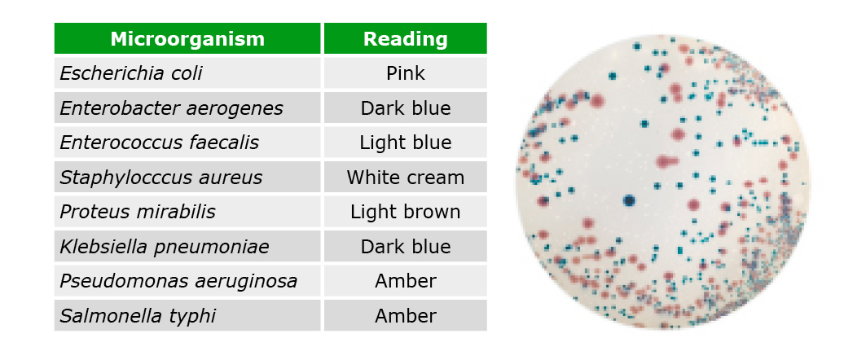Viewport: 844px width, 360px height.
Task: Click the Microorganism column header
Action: [x=187, y=39]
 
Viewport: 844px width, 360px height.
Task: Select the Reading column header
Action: [x=406, y=39]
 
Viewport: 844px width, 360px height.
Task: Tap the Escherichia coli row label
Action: [x=131, y=73]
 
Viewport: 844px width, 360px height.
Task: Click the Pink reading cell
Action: [x=406, y=73]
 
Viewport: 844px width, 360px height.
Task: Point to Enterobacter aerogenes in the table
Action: [x=171, y=108]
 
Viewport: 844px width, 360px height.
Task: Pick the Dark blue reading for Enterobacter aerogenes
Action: [x=406, y=108]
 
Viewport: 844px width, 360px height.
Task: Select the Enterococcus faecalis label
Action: [x=160, y=143]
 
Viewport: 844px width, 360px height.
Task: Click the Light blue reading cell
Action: [x=406, y=143]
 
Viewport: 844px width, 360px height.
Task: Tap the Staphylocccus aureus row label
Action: [x=161, y=177]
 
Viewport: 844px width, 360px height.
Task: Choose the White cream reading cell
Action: [x=406, y=177]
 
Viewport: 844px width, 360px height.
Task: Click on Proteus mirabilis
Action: [x=137, y=212]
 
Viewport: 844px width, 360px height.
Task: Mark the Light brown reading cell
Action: [x=406, y=212]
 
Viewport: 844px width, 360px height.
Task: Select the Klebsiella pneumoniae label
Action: [x=165, y=247]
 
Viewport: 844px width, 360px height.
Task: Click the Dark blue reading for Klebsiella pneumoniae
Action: [x=406, y=247]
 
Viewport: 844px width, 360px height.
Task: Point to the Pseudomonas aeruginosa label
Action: [x=178, y=281]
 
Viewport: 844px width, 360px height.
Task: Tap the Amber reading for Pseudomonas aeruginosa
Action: [x=406, y=281]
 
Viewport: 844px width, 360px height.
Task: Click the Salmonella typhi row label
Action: [x=137, y=315]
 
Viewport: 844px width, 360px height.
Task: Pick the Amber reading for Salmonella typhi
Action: [x=406, y=315]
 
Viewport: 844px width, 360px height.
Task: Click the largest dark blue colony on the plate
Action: [x=629, y=200]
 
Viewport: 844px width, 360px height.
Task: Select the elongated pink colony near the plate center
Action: [x=667, y=160]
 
